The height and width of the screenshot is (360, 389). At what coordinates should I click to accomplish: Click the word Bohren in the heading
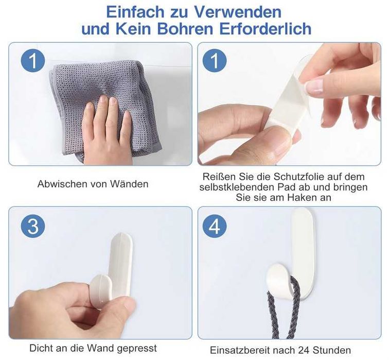[185, 28]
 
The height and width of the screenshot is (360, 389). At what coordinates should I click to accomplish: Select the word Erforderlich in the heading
[265, 28]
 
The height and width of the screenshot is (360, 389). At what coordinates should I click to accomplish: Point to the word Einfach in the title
[135, 12]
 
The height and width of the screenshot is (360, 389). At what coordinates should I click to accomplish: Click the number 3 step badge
[33, 227]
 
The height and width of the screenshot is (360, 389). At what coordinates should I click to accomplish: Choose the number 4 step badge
[215, 227]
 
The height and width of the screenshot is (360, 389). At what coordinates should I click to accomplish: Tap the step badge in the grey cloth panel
[33, 61]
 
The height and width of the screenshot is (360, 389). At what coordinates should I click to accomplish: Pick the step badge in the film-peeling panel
[215, 61]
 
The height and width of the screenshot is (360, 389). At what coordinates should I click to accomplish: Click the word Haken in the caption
[302, 198]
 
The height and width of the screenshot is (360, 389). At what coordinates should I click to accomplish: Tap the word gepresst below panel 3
[137, 348]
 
